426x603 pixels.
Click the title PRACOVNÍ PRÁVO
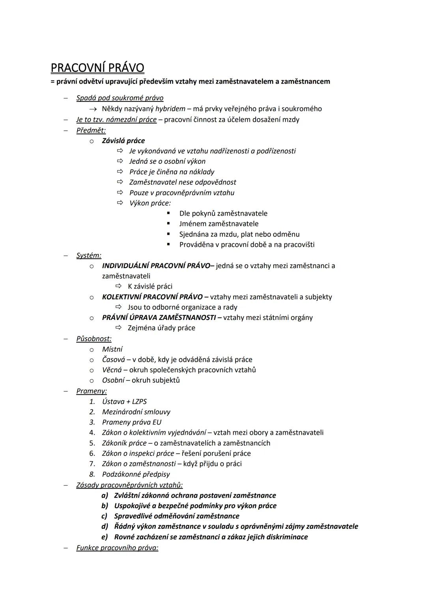click(97, 68)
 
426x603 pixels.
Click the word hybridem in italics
click(170, 109)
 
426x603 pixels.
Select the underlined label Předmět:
click(91, 130)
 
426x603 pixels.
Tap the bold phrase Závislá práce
click(123, 141)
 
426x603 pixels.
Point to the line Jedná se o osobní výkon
click(167, 161)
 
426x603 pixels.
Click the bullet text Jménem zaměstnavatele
click(219, 224)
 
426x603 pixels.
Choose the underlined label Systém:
click(89, 255)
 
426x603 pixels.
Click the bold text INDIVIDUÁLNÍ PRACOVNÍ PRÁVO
click(156, 265)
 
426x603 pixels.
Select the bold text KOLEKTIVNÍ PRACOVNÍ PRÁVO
click(152, 297)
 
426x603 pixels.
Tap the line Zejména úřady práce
click(161, 328)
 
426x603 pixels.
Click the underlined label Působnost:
click(94, 338)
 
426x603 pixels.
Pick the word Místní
click(112, 349)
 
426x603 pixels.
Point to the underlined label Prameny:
click(92, 391)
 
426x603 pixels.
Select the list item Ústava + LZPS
click(124, 401)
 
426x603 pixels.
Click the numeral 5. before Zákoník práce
click(92, 443)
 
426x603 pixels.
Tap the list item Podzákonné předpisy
click(136, 474)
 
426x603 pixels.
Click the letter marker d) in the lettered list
click(105, 526)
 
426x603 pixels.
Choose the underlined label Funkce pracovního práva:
click(117, 548)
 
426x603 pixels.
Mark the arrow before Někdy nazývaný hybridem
click(93, 109)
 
